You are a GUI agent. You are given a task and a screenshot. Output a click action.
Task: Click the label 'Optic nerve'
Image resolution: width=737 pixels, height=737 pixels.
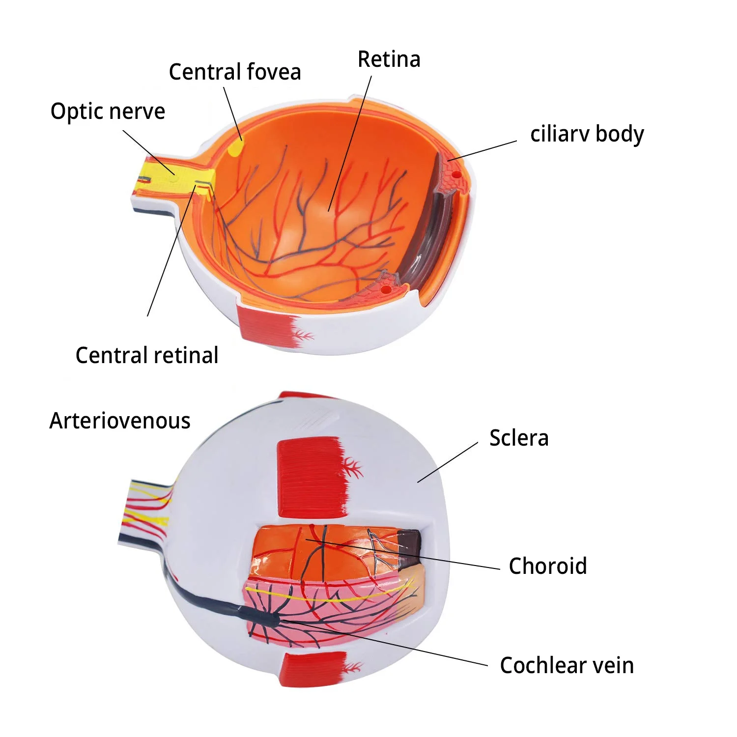click(108, 112)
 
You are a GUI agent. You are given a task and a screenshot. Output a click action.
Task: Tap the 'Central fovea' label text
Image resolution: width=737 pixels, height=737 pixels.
click(234, 72)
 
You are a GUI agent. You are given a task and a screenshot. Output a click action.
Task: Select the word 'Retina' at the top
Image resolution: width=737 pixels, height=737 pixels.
click(389, 59)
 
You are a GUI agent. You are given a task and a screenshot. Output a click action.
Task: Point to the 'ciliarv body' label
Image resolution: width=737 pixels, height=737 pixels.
click(587, 134)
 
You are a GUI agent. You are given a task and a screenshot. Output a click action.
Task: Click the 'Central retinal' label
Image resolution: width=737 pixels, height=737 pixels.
click(146, 355)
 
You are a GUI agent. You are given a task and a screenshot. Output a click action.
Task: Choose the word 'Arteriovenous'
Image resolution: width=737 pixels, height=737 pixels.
click(119, 421)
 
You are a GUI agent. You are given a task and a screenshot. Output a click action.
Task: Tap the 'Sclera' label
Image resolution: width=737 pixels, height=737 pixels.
click(518, 438)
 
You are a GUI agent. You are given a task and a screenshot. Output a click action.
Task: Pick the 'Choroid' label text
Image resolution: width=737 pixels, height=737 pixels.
click(547, 566)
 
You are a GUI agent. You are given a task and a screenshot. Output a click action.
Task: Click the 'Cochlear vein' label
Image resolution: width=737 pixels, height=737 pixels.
click(567, 665)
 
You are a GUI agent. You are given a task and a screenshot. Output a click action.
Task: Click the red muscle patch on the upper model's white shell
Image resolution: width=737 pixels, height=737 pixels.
click(265, 324)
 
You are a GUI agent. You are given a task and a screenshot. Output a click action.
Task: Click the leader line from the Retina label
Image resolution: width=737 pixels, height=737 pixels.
click(350, 142)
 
